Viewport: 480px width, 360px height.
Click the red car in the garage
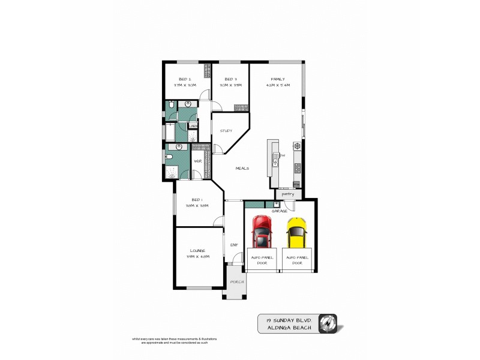pyautogui.click(x=261, y=232)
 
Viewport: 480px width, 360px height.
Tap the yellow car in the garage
pyautogui.click(x=296, y=232)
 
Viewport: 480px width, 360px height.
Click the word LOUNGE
pyautogui.click(x=197, y=250)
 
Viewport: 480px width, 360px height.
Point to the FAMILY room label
pyautogui.click(x=277, y=79)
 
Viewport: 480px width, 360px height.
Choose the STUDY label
pyautogui.click(x=226, y=130)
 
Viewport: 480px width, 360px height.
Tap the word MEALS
pyautogui.click(x=242, y=168)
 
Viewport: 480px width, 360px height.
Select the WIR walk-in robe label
pyautogui.click(x=197, y=161)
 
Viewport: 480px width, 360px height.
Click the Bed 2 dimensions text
pyautogui.click(x=185, y=85)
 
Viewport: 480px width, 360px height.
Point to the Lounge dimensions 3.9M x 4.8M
pyautogui.click(x=197, y=256)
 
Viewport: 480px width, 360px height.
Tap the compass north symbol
pyautogui.click(x=328, y=323)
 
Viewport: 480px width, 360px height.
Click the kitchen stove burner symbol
pyautogui.click(x=296, y=146)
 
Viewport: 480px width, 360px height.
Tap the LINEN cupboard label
pyautogui.click(x=193, y=125)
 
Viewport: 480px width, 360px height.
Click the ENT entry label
pyautogui.click(x=233, y=244)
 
